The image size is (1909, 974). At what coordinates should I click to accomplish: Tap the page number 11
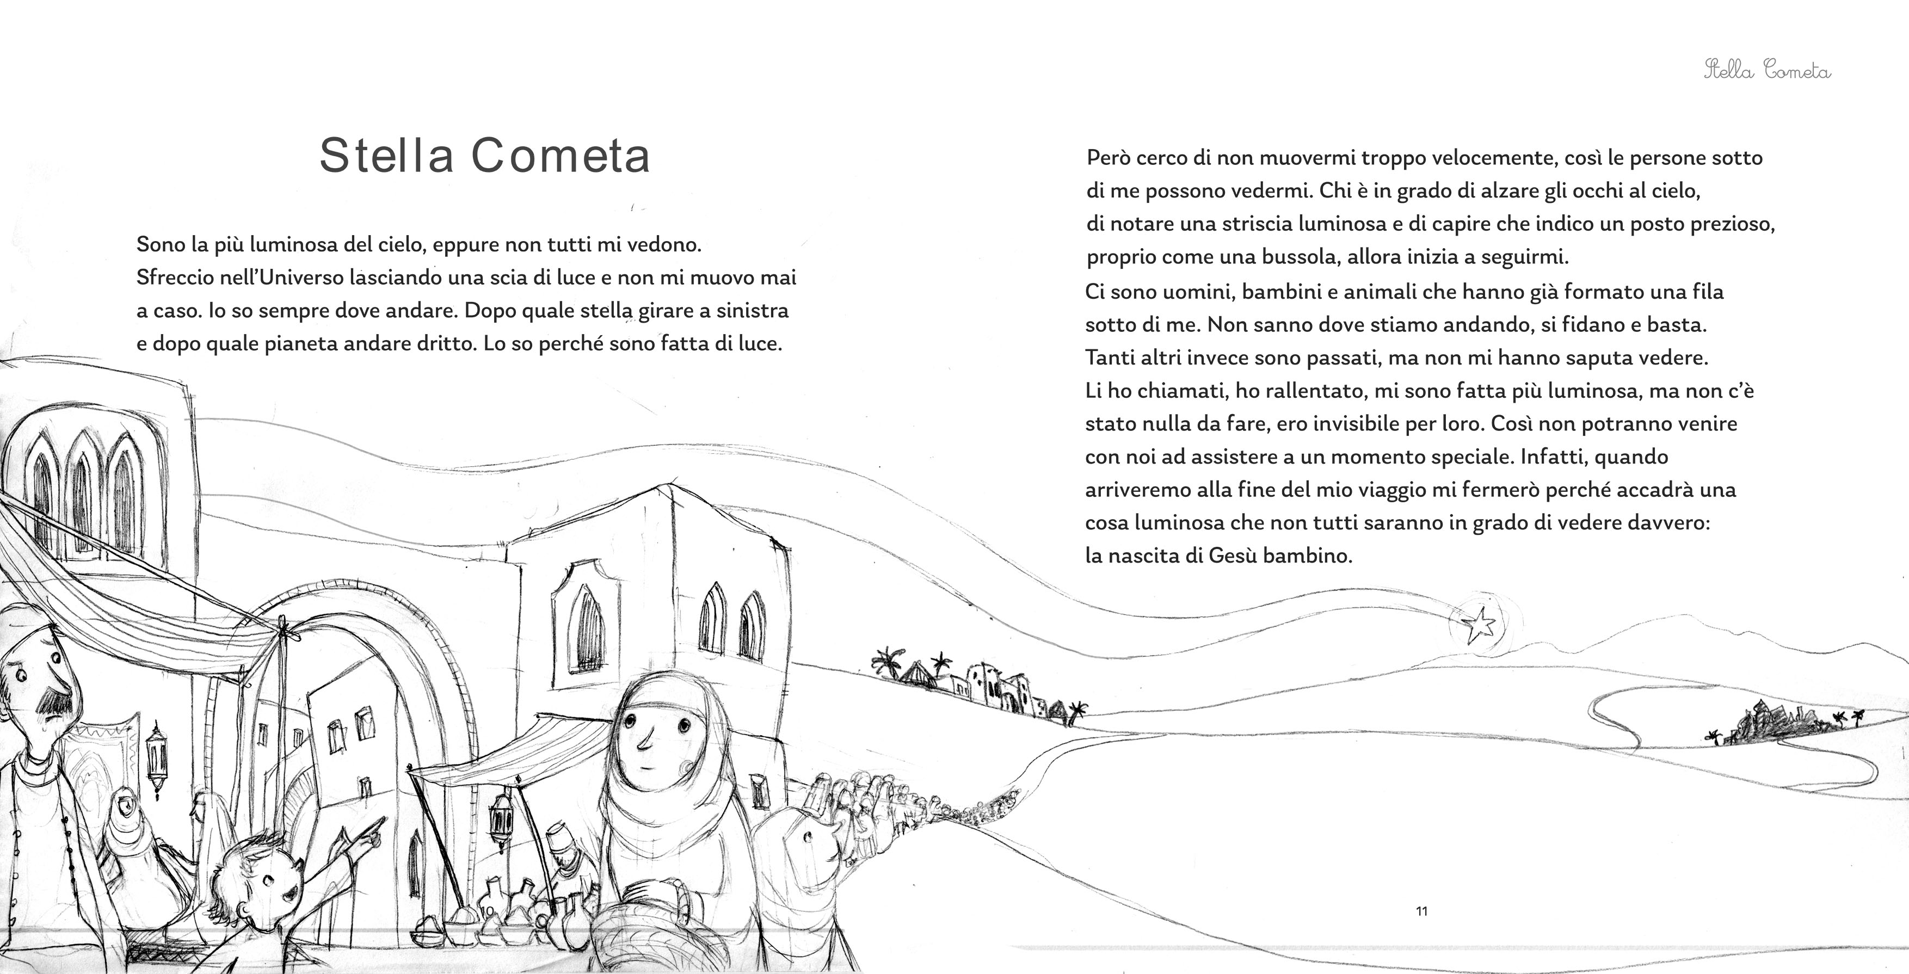click(1421, 911)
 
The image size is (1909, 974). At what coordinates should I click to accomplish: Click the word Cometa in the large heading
click(561, 156)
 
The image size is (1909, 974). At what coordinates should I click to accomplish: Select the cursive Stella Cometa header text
click(1767, 71)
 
